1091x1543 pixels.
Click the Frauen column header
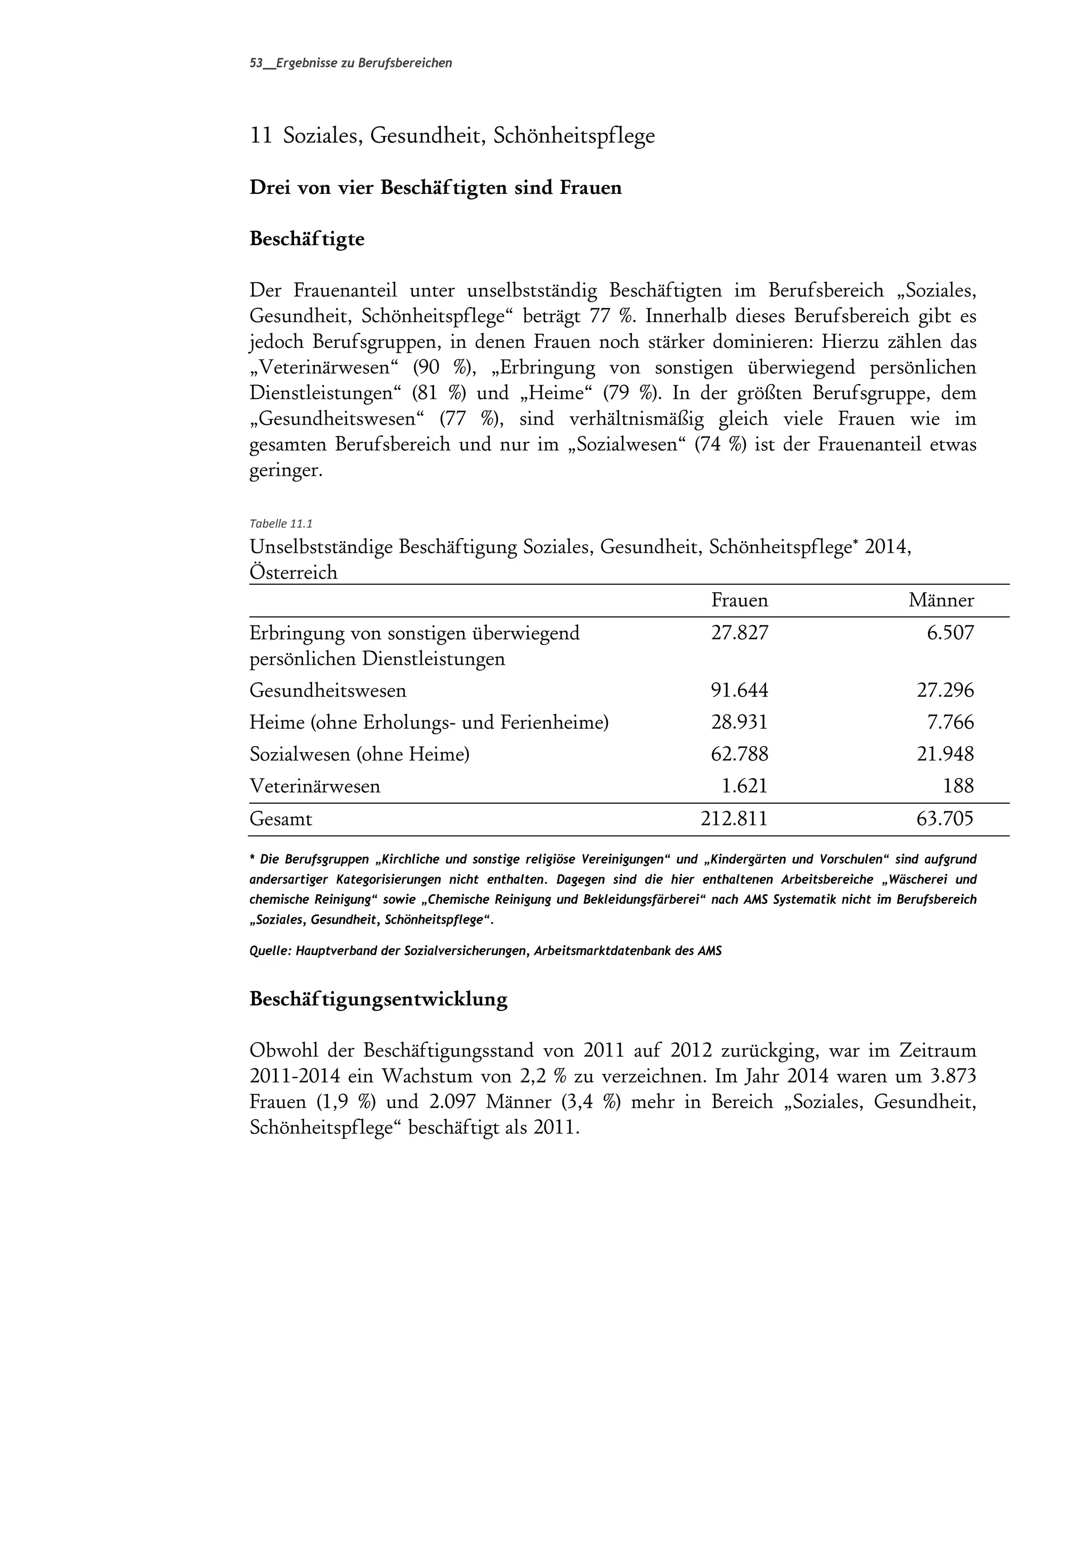point(739,600)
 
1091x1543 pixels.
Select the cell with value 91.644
point(739,690)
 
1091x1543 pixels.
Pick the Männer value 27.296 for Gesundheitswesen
point(945,690)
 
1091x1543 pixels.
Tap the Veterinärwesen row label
point(315,786)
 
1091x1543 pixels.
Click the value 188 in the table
point(958,786)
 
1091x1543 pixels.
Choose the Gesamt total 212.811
point(734,819)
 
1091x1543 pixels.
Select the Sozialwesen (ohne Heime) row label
point(359,754)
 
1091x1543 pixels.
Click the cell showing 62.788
point(739,754)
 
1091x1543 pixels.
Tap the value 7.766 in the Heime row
point(950,722)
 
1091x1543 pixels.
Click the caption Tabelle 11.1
point(280,524)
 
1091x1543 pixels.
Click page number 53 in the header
point(256,63)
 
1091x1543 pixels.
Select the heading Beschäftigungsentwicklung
point(378,999)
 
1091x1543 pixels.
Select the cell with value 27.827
point(739,633)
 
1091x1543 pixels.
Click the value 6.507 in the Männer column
point(950,633)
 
